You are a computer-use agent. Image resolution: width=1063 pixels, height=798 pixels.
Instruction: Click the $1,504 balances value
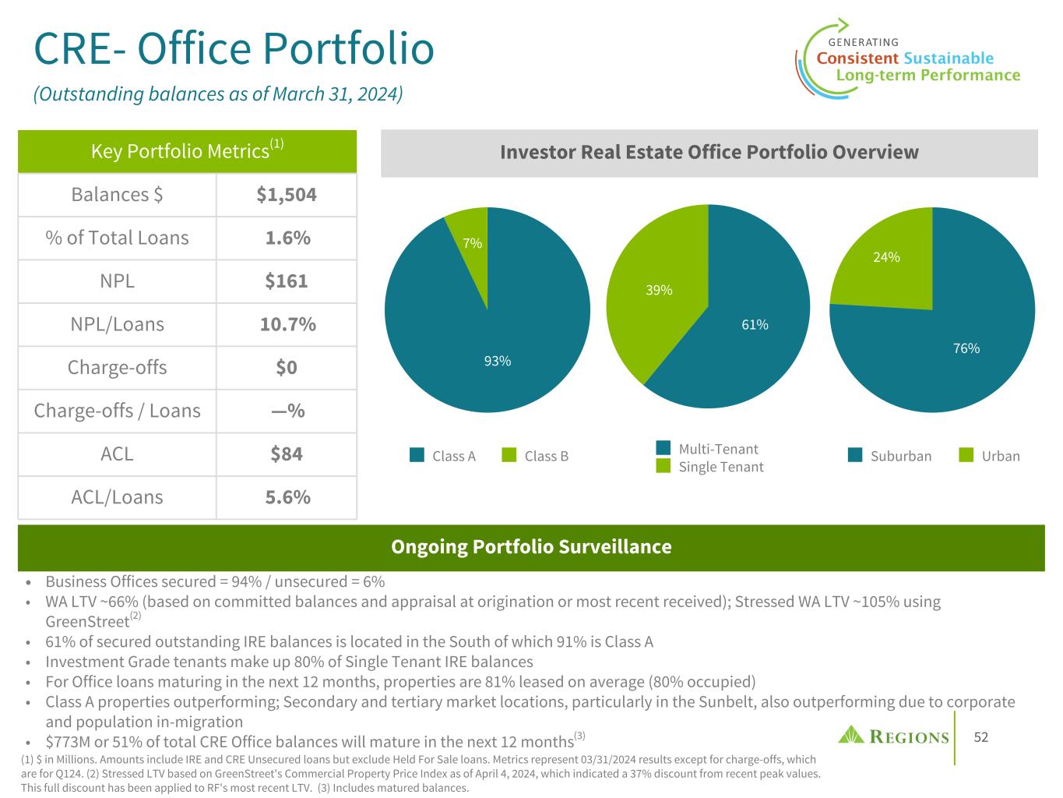[x=287, y=195]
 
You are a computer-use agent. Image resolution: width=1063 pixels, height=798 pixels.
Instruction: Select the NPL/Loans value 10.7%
[x=287, y=324]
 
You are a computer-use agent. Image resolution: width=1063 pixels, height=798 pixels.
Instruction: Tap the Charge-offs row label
[x=117, y=368]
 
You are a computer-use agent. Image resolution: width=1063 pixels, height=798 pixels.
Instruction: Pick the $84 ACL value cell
[x=287, y=454]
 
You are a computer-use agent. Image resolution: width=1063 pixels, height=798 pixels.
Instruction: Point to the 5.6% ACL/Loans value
[x=287, y=497]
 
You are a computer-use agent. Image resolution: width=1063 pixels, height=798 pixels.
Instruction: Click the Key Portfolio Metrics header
[x=187, y=150]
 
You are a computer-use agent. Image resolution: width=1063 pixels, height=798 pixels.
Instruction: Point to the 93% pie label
[x=498, y=361]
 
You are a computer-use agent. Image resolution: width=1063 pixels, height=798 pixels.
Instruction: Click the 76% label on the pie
[x=966, y=348]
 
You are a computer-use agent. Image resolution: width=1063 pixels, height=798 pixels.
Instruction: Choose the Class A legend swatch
[x=417, y=456]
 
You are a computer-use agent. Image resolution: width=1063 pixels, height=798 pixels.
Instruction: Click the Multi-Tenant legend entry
[x=718, y=449]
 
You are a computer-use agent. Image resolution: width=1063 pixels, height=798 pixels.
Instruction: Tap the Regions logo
[x=893, y=736]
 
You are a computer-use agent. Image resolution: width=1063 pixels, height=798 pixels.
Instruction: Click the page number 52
[x=981, y=737]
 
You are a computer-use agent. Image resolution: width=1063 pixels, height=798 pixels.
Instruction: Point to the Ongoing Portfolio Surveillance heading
[x=531, y=547]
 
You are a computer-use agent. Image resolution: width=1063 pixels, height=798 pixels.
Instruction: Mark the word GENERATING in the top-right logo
[x=863, y=42]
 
